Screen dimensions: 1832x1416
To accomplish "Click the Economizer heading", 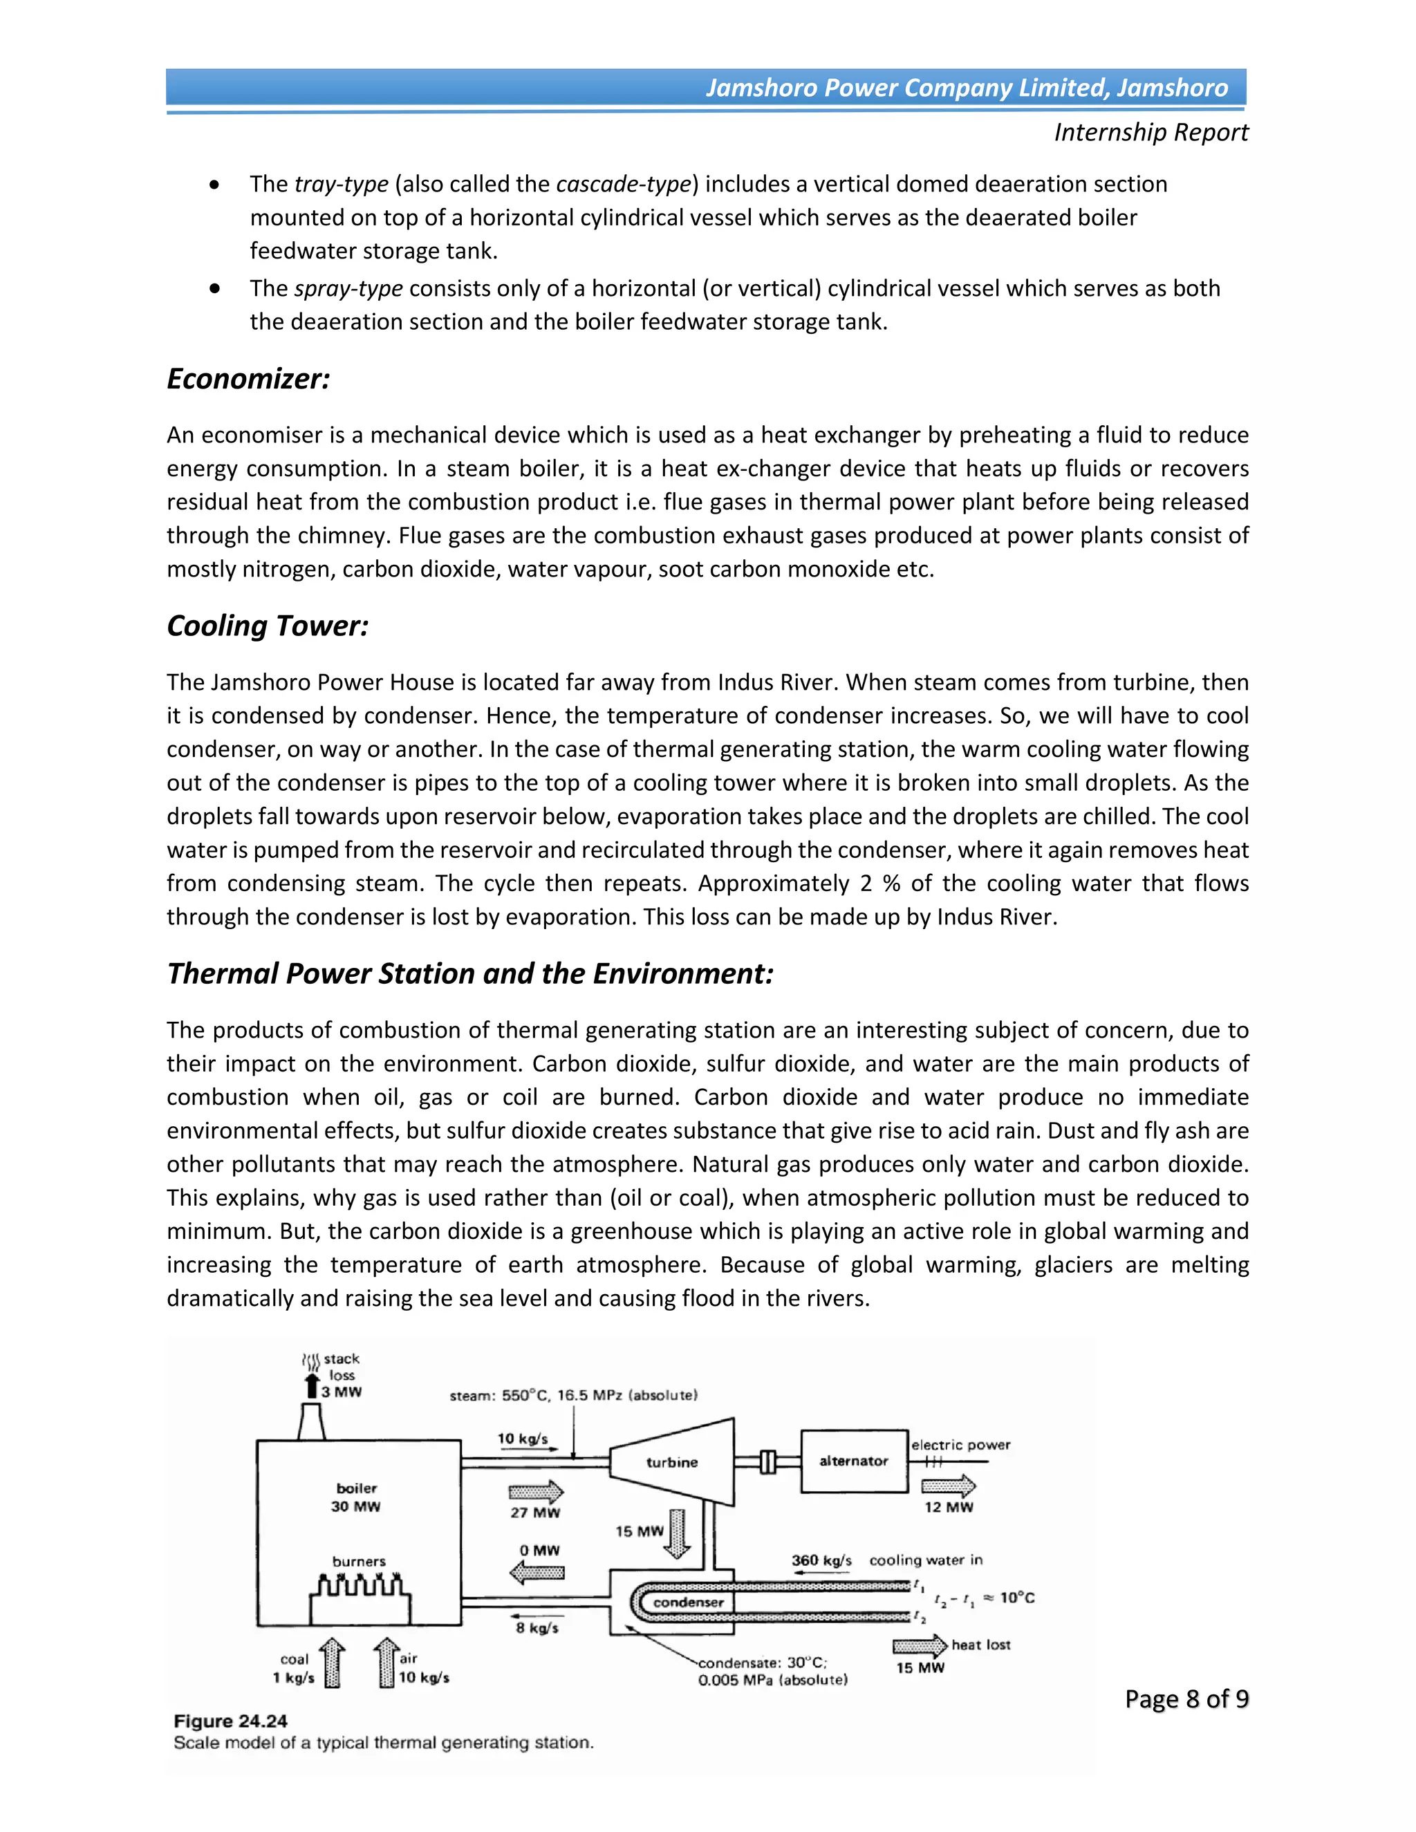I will [248, 379].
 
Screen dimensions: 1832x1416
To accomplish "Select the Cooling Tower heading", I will [268, 626].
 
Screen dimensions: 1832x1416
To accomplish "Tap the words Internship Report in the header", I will [1151, 133].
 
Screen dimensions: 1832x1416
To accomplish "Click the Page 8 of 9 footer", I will [1186, 1699].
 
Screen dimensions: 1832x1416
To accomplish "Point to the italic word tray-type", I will [342, 185].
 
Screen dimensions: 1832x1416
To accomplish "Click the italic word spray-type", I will [349, 288].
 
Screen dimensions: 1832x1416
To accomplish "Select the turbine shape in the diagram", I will [672, 1462].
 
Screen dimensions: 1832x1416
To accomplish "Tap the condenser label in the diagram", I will [688, 1602].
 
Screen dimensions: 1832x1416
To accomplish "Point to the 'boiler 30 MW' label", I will [355, 1497].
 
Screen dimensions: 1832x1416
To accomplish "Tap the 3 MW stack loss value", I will [342, 1392].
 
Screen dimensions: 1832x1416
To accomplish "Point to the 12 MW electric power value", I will [949, 1507].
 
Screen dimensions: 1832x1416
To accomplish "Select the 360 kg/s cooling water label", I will [821, 1560].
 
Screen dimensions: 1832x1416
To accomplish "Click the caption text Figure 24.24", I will [231, 1721].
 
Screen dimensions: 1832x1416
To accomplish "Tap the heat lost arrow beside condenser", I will [920, 1646].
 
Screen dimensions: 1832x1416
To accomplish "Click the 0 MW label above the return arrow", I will [539, 1550].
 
